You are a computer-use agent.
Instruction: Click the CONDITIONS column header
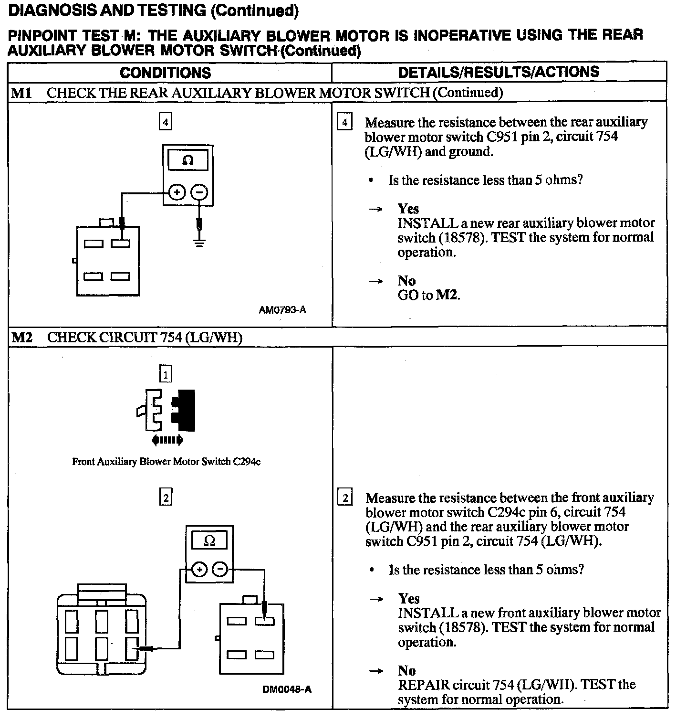tap(165, 73)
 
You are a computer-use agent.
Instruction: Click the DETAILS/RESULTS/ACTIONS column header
tap(499, 72)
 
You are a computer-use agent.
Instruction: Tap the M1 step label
tap(21, 93)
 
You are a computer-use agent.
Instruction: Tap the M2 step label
tap(22, 338)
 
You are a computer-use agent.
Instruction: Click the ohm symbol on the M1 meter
tap(188, 160)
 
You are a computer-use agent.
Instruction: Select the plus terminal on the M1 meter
tap(177, 192)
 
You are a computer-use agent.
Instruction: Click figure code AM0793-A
tap(282, 310)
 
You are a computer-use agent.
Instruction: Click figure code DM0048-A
tap(287, 689)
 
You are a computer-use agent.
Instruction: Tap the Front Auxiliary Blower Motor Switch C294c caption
tap(166, 462)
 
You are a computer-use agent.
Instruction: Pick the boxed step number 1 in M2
tap(165, 375)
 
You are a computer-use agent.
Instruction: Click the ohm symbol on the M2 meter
tap(209, 541)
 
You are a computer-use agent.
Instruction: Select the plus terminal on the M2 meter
tap(199, 569)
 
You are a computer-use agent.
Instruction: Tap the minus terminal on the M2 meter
tap(219, 569)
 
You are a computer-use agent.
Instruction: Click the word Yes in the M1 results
tap(408, 209)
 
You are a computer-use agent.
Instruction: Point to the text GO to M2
tap(428, 295)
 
